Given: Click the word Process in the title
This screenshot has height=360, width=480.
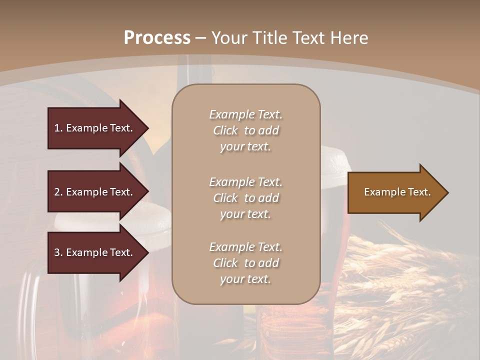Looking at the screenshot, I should pyautogui.click(x=157, y=37).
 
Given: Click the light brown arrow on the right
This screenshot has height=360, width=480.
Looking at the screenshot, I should pyautogui.click(x=395, y=192).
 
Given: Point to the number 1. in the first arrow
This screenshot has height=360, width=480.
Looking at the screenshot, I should pyautogui.click(x=58, y=128).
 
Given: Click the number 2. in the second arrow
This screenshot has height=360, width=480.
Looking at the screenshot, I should pyautogui.click(x=58, y=192).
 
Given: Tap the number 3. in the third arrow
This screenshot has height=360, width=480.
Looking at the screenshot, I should pyautogui.click(x=58, y=252).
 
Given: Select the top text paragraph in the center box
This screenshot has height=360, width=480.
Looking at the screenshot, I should pyautogui.click(x=245, y=130).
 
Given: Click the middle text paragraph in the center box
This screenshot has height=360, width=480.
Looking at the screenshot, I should pyautogui.click(x=245, y=198).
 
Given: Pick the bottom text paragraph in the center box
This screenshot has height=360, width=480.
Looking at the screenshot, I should pyautogui.click(x=245, y=263).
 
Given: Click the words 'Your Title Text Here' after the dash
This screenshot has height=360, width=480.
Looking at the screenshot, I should pyautogui.click(x=290, y=37).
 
